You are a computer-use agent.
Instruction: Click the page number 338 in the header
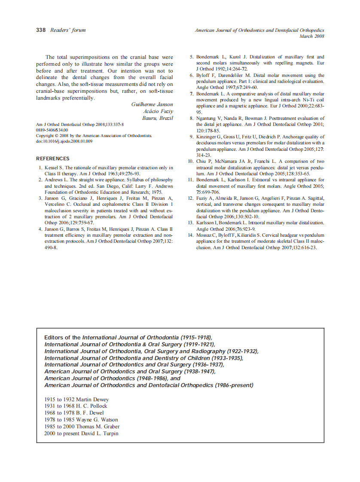click(x=41, y=30)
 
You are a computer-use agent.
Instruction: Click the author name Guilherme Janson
click(x=152, y=104)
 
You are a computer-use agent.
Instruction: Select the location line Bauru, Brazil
click(x=158, y=118)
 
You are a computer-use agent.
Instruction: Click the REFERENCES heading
click(x=53, y=159)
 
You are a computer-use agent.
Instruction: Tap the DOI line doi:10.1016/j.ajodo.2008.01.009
click(x=64, y=141)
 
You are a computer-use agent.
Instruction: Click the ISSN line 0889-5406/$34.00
click(x=52, y=130)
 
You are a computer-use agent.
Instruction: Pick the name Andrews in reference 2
click(x=53, y=180)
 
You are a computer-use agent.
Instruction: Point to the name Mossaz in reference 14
click(x=205, y=235)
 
